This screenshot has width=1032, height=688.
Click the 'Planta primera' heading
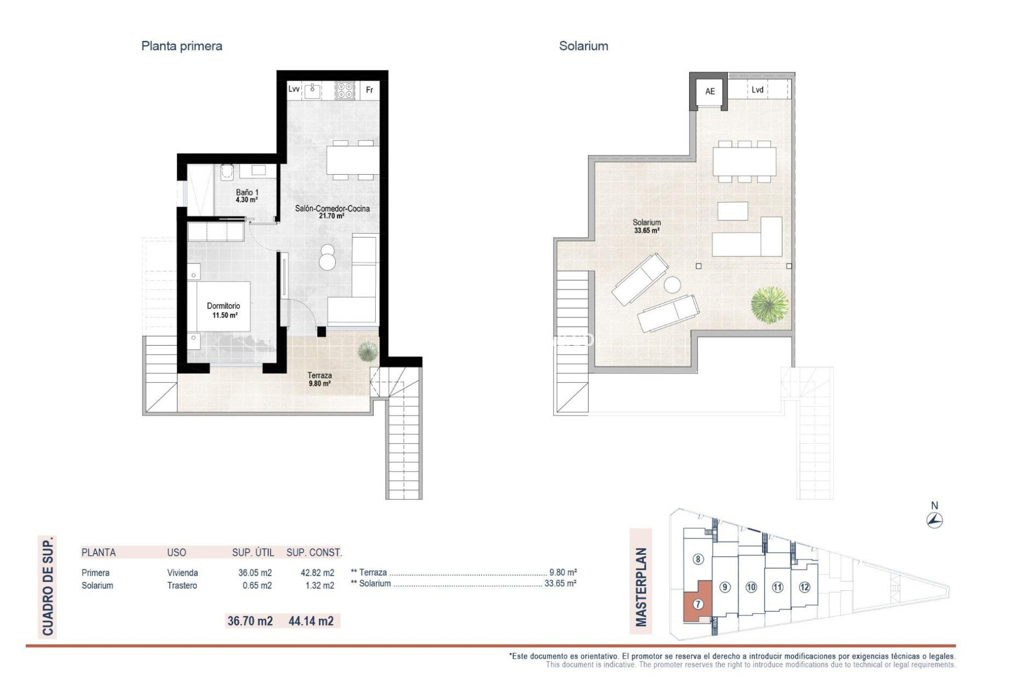(x=182, y=46)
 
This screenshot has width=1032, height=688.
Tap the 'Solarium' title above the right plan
(x=583, y=46)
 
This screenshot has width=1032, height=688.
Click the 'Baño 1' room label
(x=247, y=192)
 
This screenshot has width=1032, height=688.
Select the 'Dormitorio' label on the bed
(x=224, y=306)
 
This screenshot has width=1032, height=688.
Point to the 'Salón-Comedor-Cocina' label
(x=332, y=209)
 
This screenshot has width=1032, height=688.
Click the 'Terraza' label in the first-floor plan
(x=319, y=376)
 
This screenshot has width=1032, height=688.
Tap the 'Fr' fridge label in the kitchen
(x=369, y=90)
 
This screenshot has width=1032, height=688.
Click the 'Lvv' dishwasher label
(x=293, y=89)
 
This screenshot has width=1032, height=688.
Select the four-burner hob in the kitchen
(x=345, y=90)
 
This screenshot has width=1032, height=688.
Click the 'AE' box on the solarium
(x=710, y=91)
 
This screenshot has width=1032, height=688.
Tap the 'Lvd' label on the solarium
(x=757, y=90)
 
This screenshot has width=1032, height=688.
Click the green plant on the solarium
(x=770, y=305)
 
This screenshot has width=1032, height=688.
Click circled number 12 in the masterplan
(x=804, y=587)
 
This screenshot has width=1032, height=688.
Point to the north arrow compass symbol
(x=935, y=520)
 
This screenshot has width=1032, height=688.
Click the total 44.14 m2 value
(x=311, y=621)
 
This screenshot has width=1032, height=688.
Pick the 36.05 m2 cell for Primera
(x=255, y=573)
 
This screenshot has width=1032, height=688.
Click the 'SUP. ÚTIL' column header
(x=253, y=553)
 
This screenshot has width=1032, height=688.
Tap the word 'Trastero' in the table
(x=182, y=586)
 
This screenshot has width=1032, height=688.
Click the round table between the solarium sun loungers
(x=672, y=285)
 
